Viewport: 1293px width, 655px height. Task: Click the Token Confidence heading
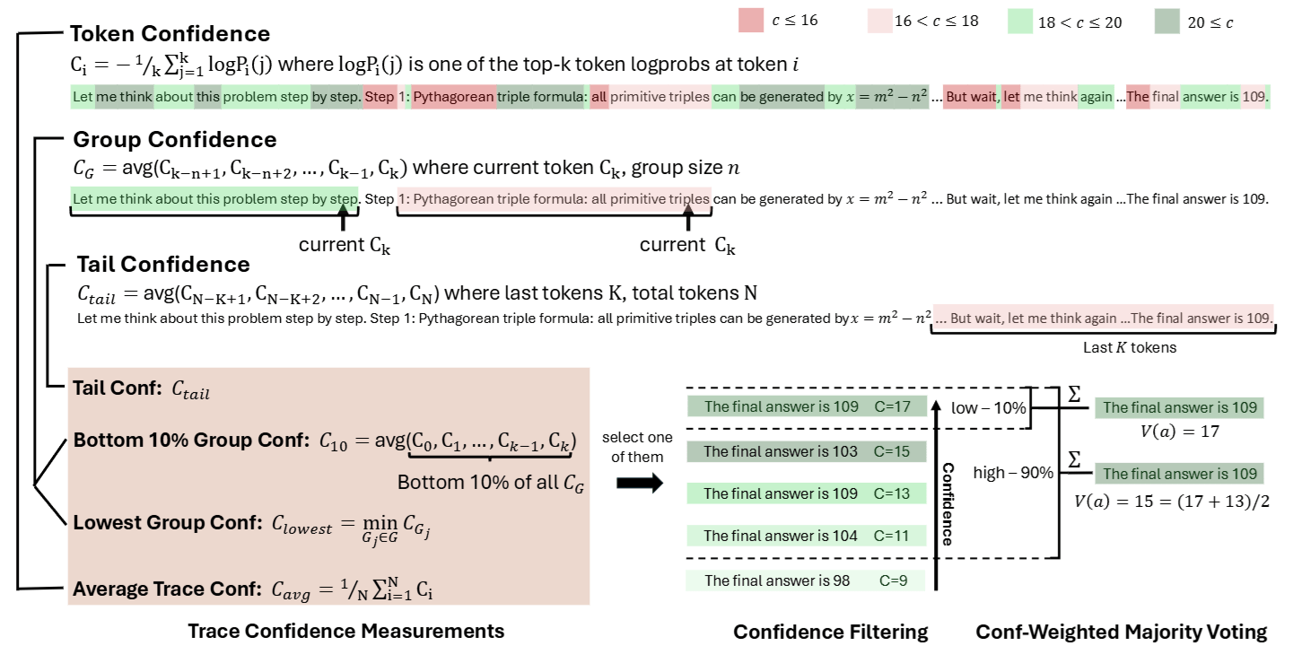(170, 34)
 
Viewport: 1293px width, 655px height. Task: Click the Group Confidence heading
(175, 140)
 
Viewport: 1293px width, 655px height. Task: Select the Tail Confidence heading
(163, 264)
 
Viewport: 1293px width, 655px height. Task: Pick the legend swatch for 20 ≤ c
(1168, 22)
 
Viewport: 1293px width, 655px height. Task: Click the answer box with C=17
(799, 407)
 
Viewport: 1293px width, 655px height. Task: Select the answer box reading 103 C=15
(799, 451)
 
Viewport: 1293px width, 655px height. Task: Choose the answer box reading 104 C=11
(799, 537)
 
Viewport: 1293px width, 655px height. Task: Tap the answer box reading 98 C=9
(799, 581)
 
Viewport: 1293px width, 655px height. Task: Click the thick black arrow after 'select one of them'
(641, 483)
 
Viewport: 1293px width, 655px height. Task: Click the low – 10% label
(989, 408)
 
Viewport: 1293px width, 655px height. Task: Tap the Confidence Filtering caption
(830, 632)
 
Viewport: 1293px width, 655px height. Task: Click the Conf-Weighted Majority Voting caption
(1121, 632)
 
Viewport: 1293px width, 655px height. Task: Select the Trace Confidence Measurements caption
(345, 631)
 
